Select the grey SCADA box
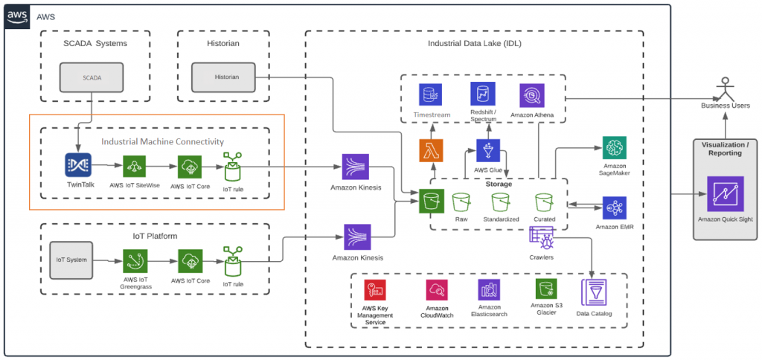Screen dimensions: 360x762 (92, 77)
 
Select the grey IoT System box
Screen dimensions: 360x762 (71, 260)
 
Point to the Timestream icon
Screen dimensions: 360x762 (431, 94)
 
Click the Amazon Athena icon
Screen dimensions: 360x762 (531, 94)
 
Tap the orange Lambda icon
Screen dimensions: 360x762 (431, 151)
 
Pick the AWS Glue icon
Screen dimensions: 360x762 (488, 151)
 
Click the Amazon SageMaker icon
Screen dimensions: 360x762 (615, 148)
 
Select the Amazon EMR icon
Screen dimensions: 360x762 (615, 208)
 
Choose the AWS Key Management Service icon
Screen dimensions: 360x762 (374, 290)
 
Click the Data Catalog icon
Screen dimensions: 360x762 (593, 291)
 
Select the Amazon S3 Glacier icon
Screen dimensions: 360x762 (546, 289)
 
